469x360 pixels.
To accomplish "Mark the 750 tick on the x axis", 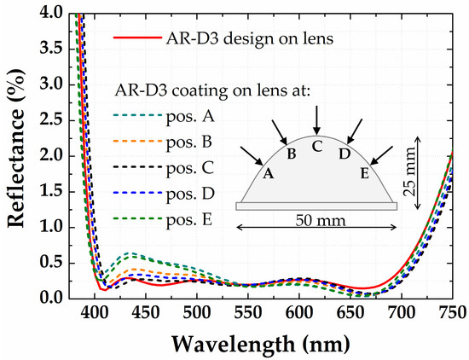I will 451,312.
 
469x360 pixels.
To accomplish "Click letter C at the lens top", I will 317,146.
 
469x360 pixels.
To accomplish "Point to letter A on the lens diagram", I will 269,173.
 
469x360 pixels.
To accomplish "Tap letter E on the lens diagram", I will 365,173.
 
